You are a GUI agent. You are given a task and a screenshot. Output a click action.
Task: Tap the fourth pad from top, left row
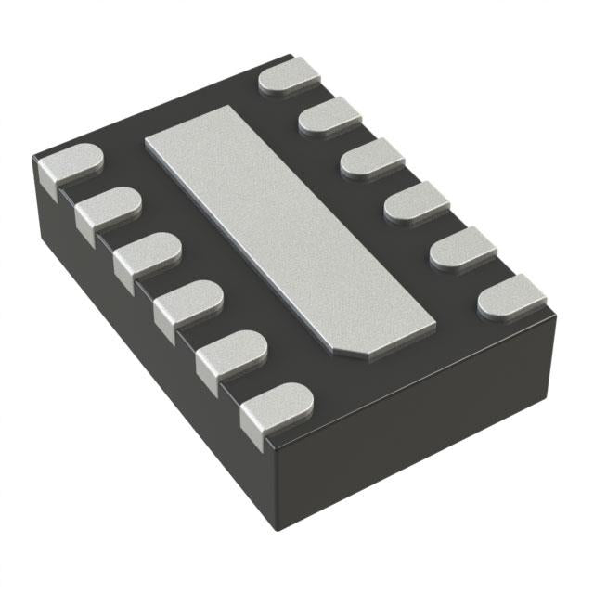point(189,303)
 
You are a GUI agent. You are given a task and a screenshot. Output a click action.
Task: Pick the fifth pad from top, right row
point(462,248)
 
